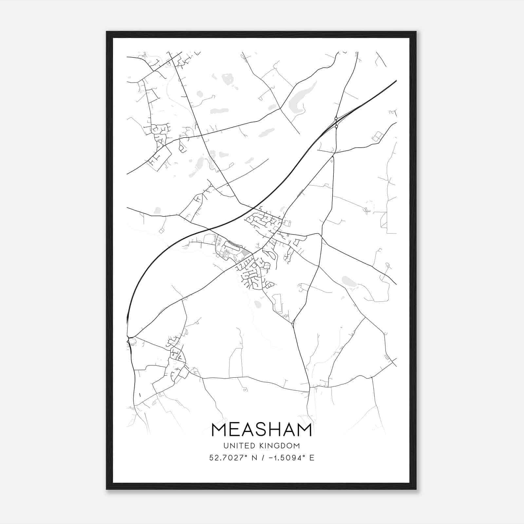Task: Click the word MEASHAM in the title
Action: pyautogui.click(x=262, y=430)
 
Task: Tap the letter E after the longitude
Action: pyautogui.click(x=312, y=458)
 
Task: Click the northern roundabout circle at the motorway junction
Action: pyautogui.click(x=336, y=118)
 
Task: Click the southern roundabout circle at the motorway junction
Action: pyautogui.click(x=336, y=126)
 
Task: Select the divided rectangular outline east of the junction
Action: pyautogui.click(x=378, y=136)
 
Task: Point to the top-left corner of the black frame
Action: pyautogui.click(x=107, y=32)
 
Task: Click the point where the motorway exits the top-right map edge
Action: pyautogui.click(x=396, y=80)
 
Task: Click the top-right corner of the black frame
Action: pyautogui.click(x=416, y=32)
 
